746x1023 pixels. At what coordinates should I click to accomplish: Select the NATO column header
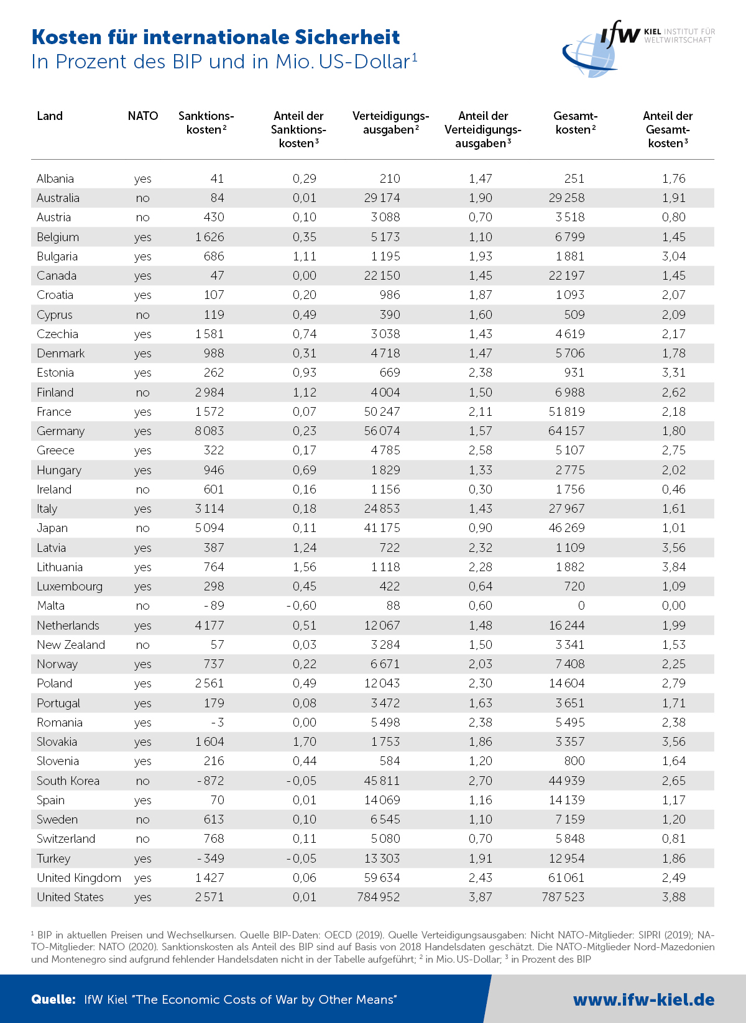(x=143, y=116)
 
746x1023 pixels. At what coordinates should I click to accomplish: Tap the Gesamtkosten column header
(x=575, y=122)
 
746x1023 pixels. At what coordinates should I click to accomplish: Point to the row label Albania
(x=55, y=179)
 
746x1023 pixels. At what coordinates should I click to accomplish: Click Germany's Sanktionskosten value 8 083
(x=210, y=431)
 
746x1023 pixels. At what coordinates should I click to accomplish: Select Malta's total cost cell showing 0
(x=581, y=606)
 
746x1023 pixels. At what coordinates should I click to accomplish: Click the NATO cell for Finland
(x=143, y=393)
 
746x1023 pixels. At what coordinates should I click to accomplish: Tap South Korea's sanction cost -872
(x=210, y=781)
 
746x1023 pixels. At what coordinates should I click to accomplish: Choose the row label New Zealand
(x=71, y=645)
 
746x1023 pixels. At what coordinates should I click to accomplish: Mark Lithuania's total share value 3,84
(x=674, y=567)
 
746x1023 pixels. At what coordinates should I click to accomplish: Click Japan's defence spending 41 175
(x=382, y=528)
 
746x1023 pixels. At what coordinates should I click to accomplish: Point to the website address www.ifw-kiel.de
(x=643, y=999)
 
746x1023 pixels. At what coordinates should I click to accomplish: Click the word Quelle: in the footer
(x=53, y=999)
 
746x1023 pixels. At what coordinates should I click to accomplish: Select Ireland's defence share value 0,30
(x=481, y=490)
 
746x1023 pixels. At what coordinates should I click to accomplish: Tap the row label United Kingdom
(x=79, y=878)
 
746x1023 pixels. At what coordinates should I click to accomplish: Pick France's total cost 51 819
(x=566, y=412)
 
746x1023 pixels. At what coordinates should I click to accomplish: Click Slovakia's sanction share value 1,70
(x=305, y=742)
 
